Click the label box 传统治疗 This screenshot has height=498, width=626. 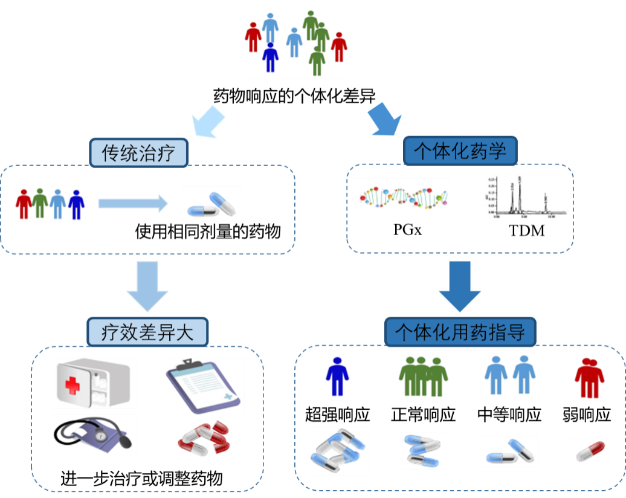coord(139,152)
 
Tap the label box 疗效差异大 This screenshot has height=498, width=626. coord(147,331)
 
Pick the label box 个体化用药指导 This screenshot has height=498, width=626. coord(460,332)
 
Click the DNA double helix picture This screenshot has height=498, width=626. coord(402,199)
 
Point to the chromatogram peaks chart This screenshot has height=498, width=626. coord(528,197)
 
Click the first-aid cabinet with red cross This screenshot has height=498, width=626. coord(93,383)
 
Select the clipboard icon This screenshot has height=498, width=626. coord(204,387)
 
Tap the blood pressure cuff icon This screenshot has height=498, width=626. coord(93,436)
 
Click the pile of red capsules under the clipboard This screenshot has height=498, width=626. coord(204,438)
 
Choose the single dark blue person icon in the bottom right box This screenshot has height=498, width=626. coord(338,377)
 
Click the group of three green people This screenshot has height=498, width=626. coord(424,377)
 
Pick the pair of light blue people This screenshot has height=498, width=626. coord(510,377)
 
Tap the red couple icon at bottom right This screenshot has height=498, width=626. coord(589,378)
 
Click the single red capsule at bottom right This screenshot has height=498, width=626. coord(590,451)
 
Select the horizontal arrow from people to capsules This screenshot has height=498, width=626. coord(133,204)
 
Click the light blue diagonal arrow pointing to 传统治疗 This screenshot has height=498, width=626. coord(207,121)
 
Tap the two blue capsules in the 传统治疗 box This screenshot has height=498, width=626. coord(212,204)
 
